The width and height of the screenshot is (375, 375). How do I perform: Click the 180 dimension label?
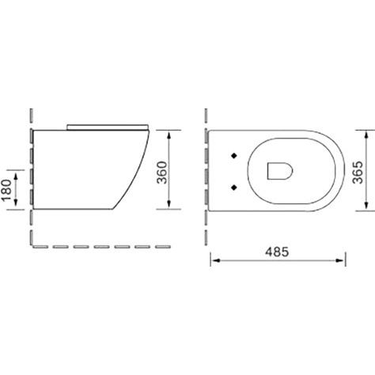point(7,190)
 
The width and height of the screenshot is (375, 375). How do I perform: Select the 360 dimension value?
point(162,172)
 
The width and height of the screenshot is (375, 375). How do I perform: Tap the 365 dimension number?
point(358,172)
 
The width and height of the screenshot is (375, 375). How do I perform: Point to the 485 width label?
point(277,252)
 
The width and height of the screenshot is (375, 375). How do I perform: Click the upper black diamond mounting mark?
point(234,156)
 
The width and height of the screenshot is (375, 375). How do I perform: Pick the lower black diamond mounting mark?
point(234,187)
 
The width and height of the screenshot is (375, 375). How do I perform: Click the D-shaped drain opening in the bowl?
point(280,171)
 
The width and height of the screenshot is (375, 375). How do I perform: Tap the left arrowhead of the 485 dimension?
point(216,260)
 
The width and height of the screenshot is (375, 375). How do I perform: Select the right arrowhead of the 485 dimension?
point(339,260)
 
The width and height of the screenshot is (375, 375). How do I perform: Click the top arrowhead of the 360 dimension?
point(169,135)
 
